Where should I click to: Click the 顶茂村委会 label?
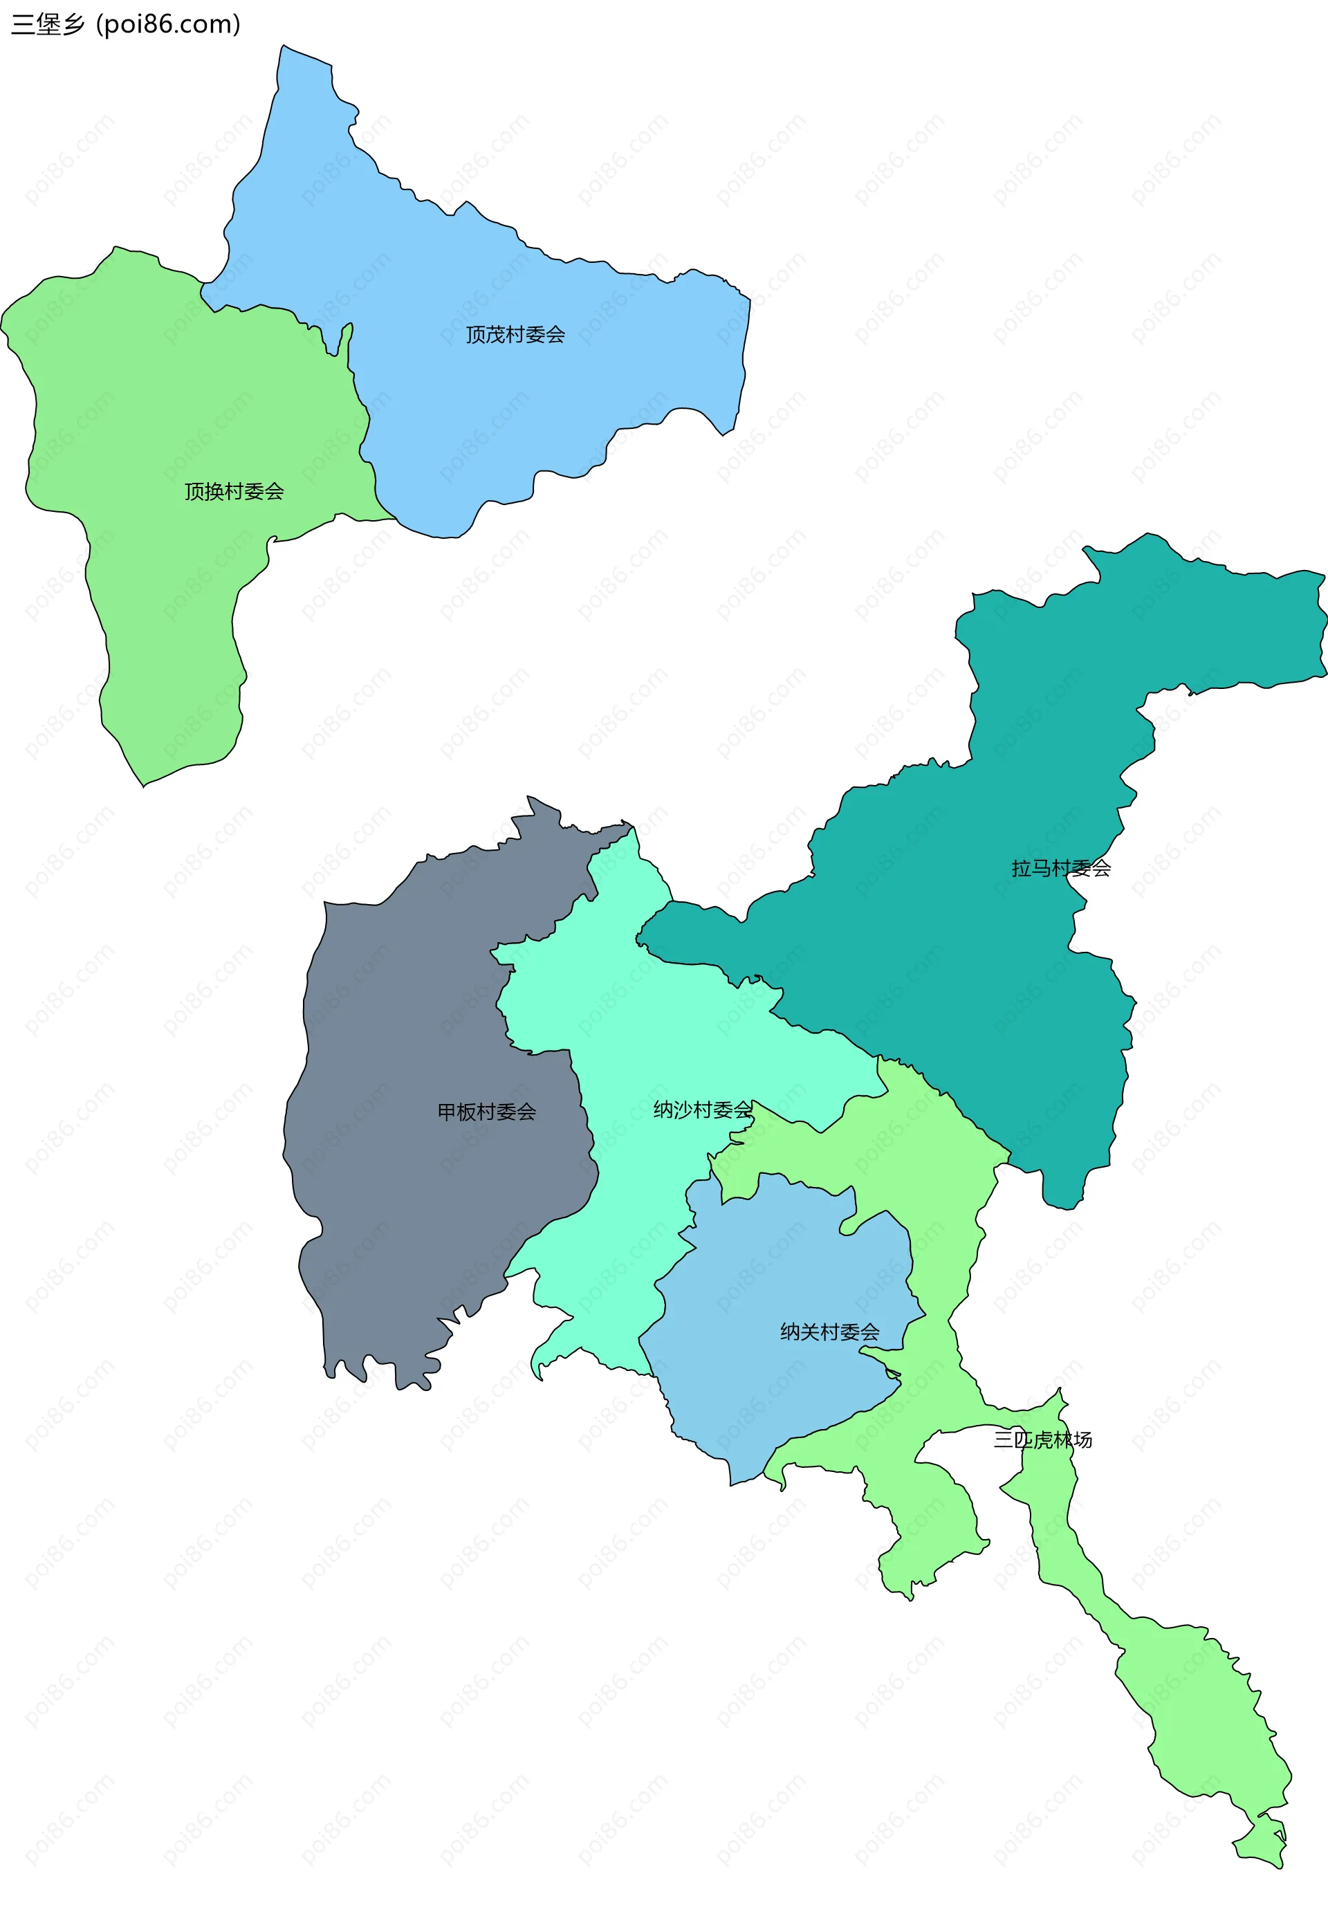(x=515, y=335)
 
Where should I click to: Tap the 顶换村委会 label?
(x=234, y=492)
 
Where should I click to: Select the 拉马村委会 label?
(x=1061, y=869)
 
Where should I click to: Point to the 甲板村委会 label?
(x=487, y=1112)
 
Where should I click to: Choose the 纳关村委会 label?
(x=829, y=1332)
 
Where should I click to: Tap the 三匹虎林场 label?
(x=1042, y=1439)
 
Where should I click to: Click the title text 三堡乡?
(x=48, y=25)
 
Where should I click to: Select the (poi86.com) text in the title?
(x=168, y=25)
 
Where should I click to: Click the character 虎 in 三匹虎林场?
(x=1042, y=1439)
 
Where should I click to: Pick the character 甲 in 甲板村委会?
(x=447, y=1112)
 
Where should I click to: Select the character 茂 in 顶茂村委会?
(x=495, y=335)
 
